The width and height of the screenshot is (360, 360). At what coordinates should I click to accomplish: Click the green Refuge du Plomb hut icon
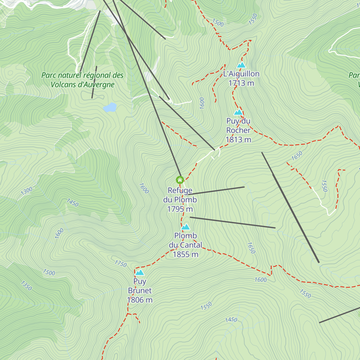180,180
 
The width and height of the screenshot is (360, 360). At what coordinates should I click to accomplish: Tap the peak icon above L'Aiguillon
241,65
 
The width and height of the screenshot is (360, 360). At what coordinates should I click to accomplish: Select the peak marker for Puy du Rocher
238,112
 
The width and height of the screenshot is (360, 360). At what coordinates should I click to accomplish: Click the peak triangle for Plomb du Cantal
186,227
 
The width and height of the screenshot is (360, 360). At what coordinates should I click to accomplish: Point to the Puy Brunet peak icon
140,272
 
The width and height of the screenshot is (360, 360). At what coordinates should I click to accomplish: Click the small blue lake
110,107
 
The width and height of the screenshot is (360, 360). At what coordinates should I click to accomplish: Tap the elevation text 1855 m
185,254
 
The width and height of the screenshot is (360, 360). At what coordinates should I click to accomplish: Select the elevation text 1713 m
241,83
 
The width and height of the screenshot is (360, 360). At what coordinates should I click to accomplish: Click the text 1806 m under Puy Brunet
140,300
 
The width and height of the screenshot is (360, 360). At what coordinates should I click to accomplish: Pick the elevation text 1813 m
238,139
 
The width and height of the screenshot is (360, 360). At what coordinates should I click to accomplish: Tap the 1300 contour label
26,190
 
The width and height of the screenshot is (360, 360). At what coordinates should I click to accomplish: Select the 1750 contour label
121,264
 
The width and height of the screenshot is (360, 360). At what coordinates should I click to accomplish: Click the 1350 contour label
26,286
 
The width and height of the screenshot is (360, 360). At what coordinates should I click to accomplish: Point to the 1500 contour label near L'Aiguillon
218,23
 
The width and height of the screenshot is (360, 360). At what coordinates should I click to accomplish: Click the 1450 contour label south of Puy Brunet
231,320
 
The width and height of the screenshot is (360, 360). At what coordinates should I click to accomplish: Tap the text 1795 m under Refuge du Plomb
180,209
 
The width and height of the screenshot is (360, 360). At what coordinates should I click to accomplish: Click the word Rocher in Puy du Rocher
238,130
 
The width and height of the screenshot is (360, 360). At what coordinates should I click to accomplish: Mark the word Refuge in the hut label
180,190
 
